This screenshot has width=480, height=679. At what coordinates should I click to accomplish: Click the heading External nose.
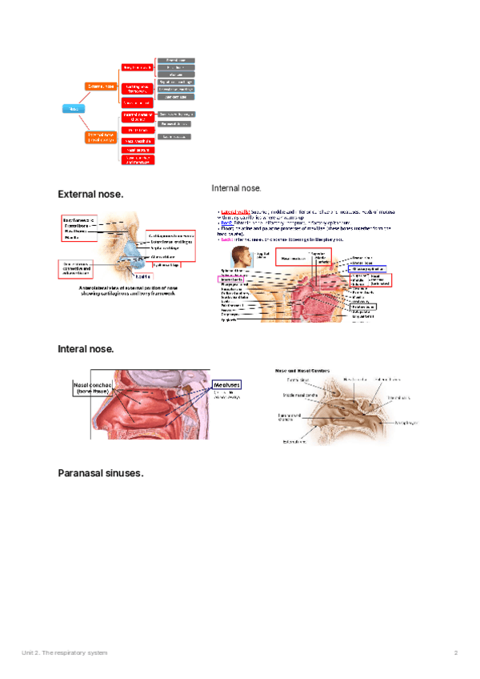tap(90, 195)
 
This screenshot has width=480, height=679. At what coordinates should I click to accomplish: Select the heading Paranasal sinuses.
tap(100, 473)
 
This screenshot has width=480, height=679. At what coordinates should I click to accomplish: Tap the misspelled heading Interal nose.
tap(86, 349)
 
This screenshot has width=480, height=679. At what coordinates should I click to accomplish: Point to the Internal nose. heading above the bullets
tap(236, 188)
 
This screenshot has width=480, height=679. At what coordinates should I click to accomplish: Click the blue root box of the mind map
tap(72, 108)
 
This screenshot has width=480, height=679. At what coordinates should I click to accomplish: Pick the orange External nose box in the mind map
tap(102, 85)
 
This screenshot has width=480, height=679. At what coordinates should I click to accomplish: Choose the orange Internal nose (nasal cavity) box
tap(102, 137)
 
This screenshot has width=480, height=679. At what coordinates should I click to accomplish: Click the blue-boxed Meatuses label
tap(225, 385)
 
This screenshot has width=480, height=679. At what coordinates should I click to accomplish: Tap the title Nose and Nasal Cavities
tap(304, 372)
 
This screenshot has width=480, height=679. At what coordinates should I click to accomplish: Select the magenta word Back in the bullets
tap(224, 239)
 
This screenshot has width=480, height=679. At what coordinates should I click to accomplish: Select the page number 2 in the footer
tap(455, 653)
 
